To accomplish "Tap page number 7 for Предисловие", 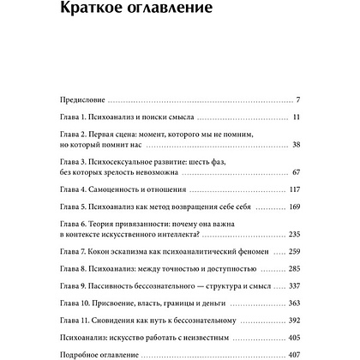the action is click(296, 98).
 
